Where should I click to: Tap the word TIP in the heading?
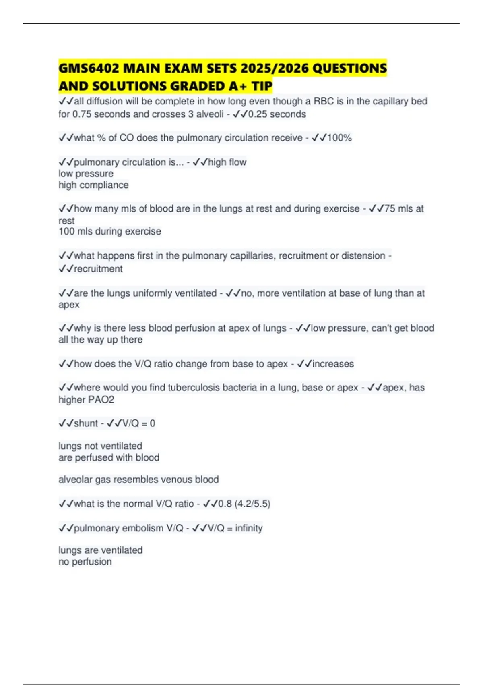pos(262,86)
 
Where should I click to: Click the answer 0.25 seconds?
pos(277,114)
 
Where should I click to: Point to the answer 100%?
pos(339,138)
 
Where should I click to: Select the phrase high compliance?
pos(93,185)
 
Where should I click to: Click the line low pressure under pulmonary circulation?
pos(86,174)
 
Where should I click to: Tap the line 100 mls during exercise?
pos(109,231)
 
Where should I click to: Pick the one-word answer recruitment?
pos(98,269)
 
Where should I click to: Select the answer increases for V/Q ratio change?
pos(333,364)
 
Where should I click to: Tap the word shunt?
pos(86,423)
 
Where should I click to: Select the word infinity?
pos(249,528)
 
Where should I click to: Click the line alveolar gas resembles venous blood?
pos(138,479)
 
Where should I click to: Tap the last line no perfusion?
pos(85,562)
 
